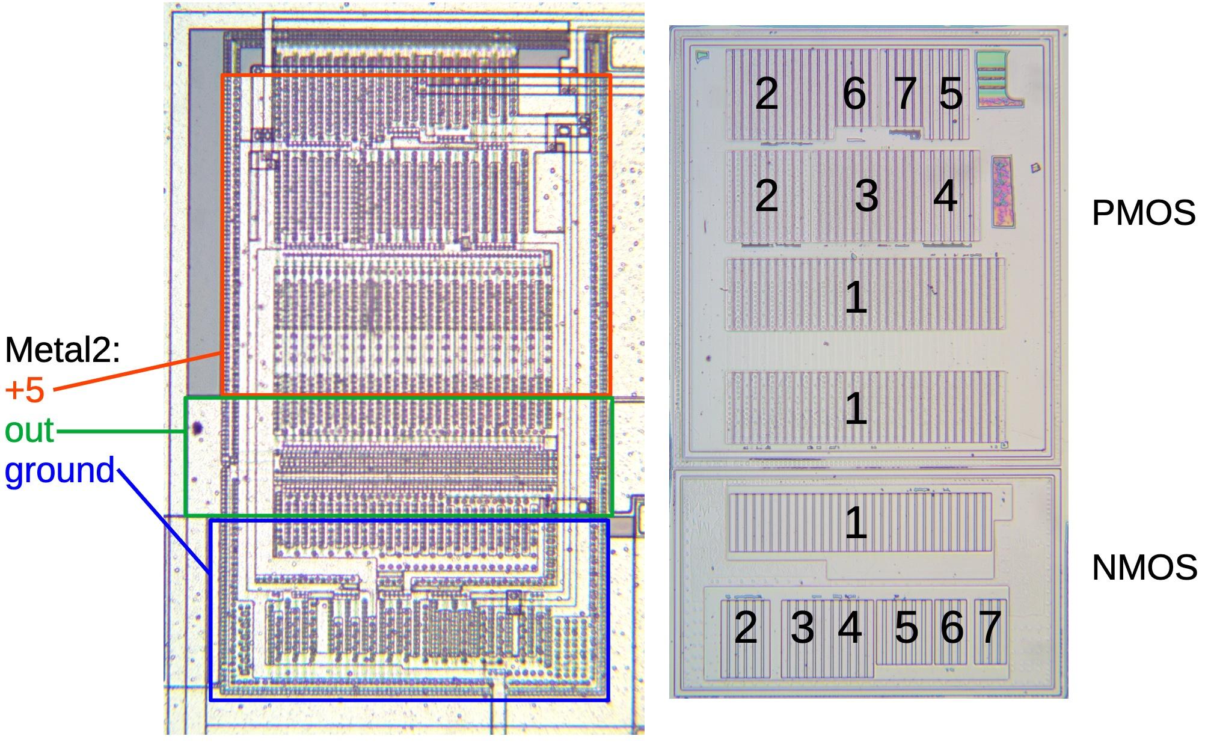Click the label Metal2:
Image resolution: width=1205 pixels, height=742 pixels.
tap(63, 350)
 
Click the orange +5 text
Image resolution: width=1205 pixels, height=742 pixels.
tap(25, 390)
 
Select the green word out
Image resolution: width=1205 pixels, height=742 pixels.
tap(29, 431)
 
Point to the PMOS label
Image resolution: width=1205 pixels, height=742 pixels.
tap(1143, 213)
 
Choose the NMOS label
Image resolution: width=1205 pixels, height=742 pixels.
tap(1144, 568)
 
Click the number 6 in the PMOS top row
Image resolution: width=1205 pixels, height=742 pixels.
tap(854, 94)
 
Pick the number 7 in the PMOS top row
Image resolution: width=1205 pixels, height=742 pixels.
tap(905, 94)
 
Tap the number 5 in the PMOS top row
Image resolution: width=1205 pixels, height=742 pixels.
tap(950, 94)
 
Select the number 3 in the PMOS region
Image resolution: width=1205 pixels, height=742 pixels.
tap(866, 196)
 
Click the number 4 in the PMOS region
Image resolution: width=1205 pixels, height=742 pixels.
tap(945, 196)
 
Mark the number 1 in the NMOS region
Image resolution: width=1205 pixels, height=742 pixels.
tap(856, 522)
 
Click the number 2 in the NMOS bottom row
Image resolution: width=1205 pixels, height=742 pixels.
tap(746, 628)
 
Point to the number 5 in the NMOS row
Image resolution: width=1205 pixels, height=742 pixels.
tap(906, 628)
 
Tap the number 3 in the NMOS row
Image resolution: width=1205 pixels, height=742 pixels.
tap(802, 628)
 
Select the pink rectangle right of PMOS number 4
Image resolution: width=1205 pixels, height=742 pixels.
tap(1002, 192)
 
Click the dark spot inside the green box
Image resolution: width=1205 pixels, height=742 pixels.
tap(197, 428)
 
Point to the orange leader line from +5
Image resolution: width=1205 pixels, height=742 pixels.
tap(138, 372)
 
